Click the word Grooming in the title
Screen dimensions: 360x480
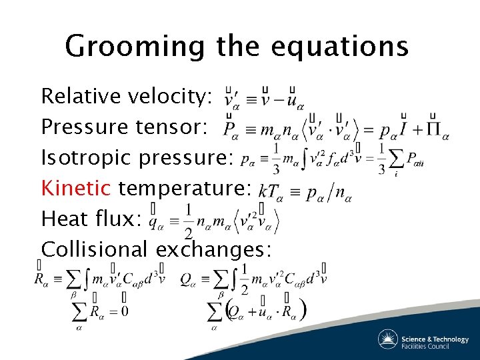[x=136, y=47]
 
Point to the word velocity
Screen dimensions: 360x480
[x=171, y=96]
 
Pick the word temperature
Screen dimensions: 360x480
[x=183, y=188]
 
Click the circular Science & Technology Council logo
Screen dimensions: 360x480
[x=389, y=339]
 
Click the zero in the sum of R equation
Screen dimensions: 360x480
[x=124, y=311]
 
